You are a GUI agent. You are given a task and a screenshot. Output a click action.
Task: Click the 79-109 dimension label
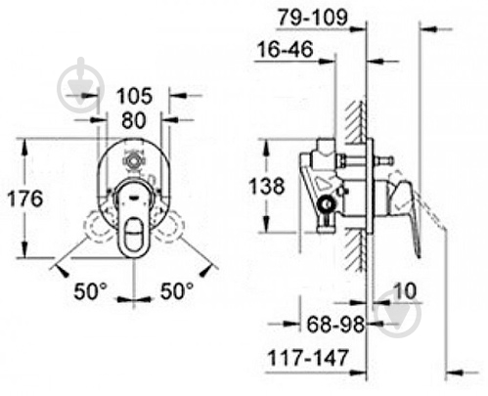point(312,18)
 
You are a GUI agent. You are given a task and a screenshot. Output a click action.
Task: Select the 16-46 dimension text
point(286,49)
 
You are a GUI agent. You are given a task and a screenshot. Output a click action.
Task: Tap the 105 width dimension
point(134,96)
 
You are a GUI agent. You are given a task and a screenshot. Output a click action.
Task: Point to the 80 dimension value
point(134,120)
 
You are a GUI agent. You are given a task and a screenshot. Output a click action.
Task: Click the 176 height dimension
point(25,198)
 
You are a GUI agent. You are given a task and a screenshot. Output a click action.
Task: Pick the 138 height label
point(267,186)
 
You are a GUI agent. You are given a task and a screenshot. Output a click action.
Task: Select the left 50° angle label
point(90,290)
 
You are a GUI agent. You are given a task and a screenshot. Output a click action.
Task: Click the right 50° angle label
point(177,290)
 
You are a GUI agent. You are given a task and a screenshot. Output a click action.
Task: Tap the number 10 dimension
point(405,290)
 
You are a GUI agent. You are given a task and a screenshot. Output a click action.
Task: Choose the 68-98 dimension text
point(335,324)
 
